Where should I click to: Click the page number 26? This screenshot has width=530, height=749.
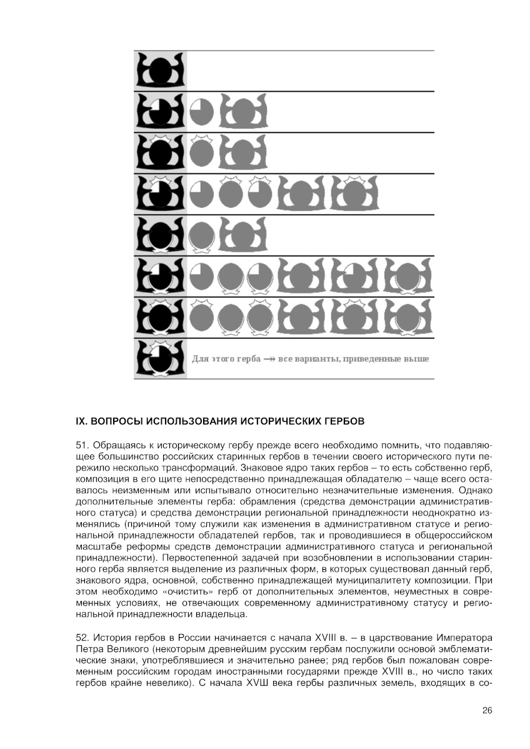coord(487,710)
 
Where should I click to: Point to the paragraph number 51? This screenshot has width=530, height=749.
coord(82,446)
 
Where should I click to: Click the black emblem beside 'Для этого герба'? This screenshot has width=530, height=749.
coord(160,358)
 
